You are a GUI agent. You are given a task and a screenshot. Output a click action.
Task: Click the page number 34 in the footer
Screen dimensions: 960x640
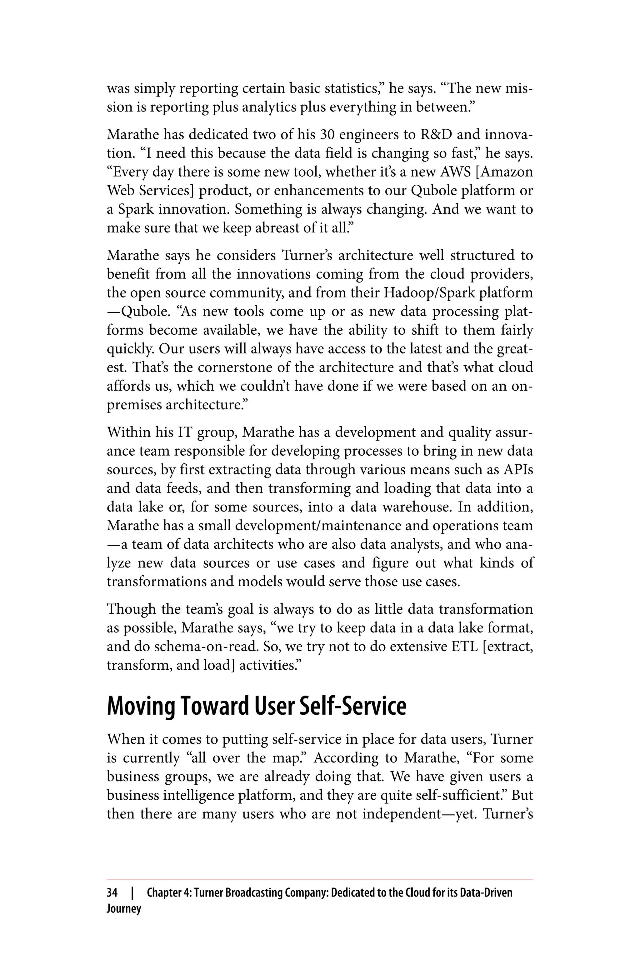(112, 892)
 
